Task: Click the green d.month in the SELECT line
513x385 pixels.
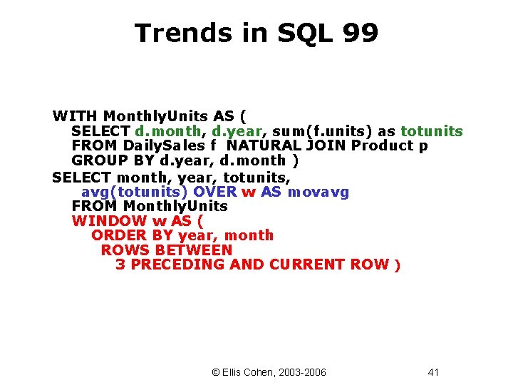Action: coord(168,131)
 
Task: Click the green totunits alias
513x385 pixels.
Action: coord(432,131)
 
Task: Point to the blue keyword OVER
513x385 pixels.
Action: coord(215,192)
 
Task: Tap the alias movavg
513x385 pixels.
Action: coord(318,192)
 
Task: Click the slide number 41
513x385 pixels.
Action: coord(434,372)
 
